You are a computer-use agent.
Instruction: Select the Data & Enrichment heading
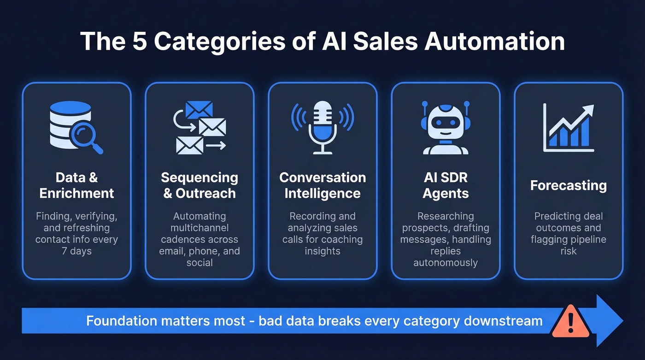pyautogui.click(x=76, y=185)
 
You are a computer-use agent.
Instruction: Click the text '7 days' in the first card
pyautogui.click(x=76, y=251)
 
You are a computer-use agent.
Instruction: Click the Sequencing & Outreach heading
pyautogui.click(x=199, y=185)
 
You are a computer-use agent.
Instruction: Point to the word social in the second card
pyautogui.click(x=199, y=263)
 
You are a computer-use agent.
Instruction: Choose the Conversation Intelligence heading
pyautogui.click(x=322, y=185)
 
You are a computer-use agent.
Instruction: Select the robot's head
pyautogui.click(x=445, y=122)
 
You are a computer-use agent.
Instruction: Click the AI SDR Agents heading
pyautogui.click(x=446, y=185)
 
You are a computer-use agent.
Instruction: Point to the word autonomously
pyautogui.click(x=446, y=263)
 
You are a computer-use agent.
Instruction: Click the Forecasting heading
pyautogui.click(x=568, y=185)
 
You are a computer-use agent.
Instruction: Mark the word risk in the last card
pyautogui.click(x=568, y=251)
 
